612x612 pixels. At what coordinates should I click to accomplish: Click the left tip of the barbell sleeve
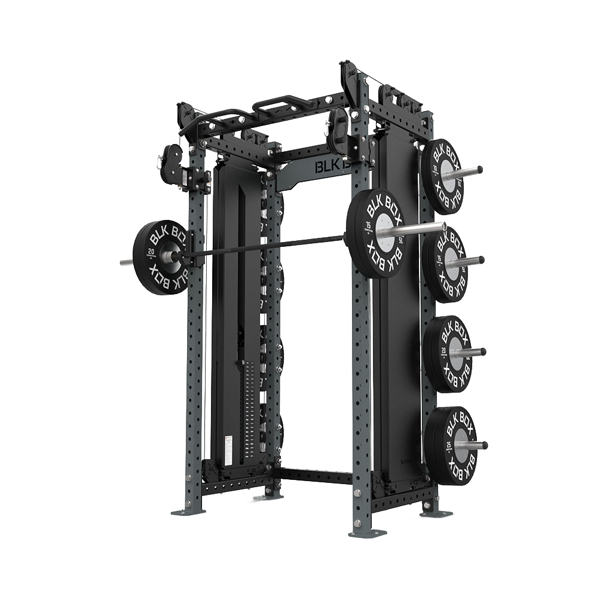(x=123, y=262)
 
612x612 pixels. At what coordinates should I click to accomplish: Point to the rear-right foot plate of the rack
(x=435, y=513)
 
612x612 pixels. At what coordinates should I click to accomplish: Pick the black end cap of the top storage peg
(x=479, y=170)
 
